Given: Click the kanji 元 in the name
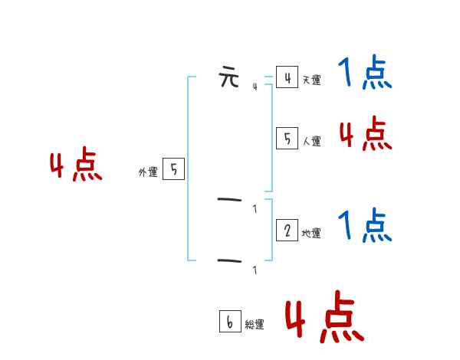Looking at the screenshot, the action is [x=229, y=78].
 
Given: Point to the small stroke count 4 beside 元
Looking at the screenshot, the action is [x=255, y=87].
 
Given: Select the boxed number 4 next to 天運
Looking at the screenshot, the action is [x=287, y=77].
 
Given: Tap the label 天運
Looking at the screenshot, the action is [x=311, y=80].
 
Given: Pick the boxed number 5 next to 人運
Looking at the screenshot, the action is [x=287, y=138].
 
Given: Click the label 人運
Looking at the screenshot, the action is [x=311, y=141].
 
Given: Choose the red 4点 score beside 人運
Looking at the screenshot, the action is [x=366, y=135].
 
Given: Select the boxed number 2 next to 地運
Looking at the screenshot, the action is [x=287, y=231].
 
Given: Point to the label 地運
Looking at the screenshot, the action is [x=311, y=234].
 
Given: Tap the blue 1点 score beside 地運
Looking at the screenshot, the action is [x=364, y=225].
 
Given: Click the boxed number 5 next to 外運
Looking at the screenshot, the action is [x=173, y=169].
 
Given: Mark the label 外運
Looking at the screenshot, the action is [x=147, y=173].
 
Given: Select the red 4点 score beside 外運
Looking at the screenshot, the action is [x=76, y=167].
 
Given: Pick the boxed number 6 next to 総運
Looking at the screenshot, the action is [x=229, y=322].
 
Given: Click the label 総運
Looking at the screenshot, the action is [x=255, y=325].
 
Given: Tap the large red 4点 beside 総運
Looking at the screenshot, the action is [x=324, y=318].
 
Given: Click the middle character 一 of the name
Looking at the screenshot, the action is [x=229, y=201].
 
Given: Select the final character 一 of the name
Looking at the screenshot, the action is [x=229, y=261].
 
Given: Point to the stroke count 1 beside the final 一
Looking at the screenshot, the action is [x=255, y=270].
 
